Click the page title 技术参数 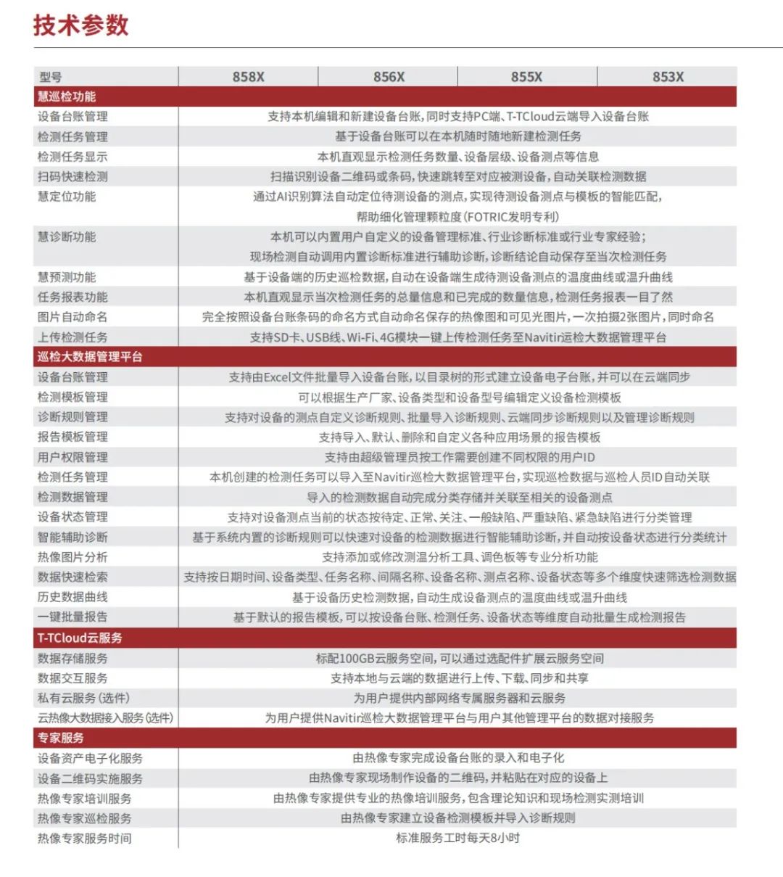80,25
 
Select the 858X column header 248,77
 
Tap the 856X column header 389,77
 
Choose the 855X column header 526,77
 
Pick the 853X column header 667,77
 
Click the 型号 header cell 51,77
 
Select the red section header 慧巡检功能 67,96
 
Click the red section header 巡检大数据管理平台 90,357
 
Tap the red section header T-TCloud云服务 80,638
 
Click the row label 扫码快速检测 72,176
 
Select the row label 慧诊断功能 67,236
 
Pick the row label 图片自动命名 72,317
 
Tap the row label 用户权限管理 72,457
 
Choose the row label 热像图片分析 72,557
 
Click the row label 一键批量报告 72,617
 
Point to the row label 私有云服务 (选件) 83,698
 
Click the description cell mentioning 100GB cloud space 460,658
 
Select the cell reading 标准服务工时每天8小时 457,838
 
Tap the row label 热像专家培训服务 84,798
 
